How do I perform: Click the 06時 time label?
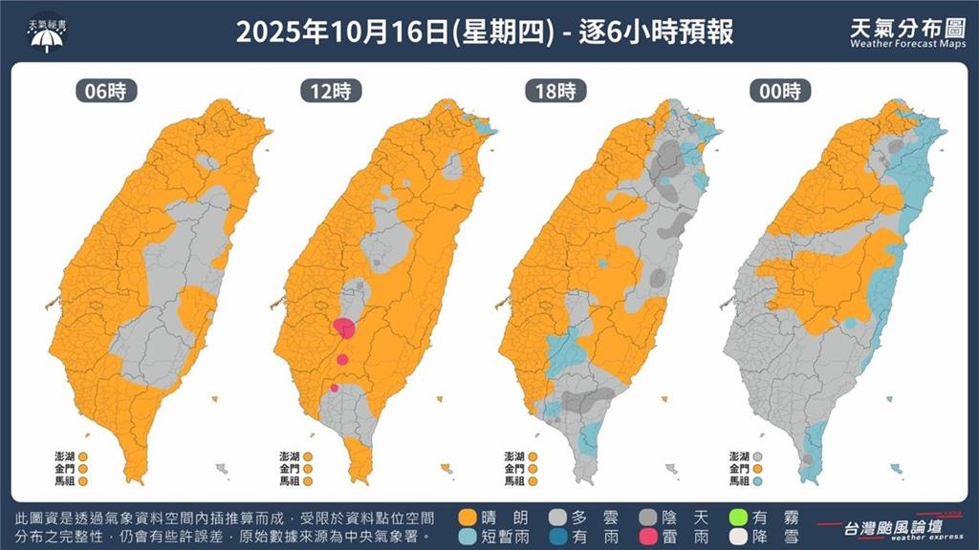click(x=107, y=92)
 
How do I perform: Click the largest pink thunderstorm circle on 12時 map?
click(x=345, y=328)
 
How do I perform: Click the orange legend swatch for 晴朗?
click(x=468, y=517)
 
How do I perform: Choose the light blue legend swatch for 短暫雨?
click(x=468, y=536)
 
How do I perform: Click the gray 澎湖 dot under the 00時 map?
click(x=757, y=456)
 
